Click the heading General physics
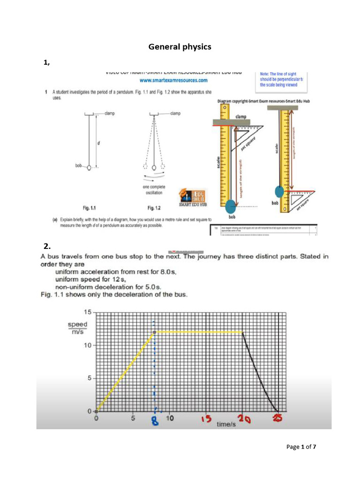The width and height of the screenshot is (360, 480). (180, 47)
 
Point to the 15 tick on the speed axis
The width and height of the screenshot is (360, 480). (88, 312)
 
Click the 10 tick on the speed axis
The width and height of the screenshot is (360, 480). (88, 345)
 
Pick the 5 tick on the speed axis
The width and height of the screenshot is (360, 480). (89, 378)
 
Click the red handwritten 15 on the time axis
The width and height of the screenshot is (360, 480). (204, 420)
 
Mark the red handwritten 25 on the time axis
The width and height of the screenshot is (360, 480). (278, 420)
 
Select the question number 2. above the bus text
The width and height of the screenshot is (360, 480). (46, 246)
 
